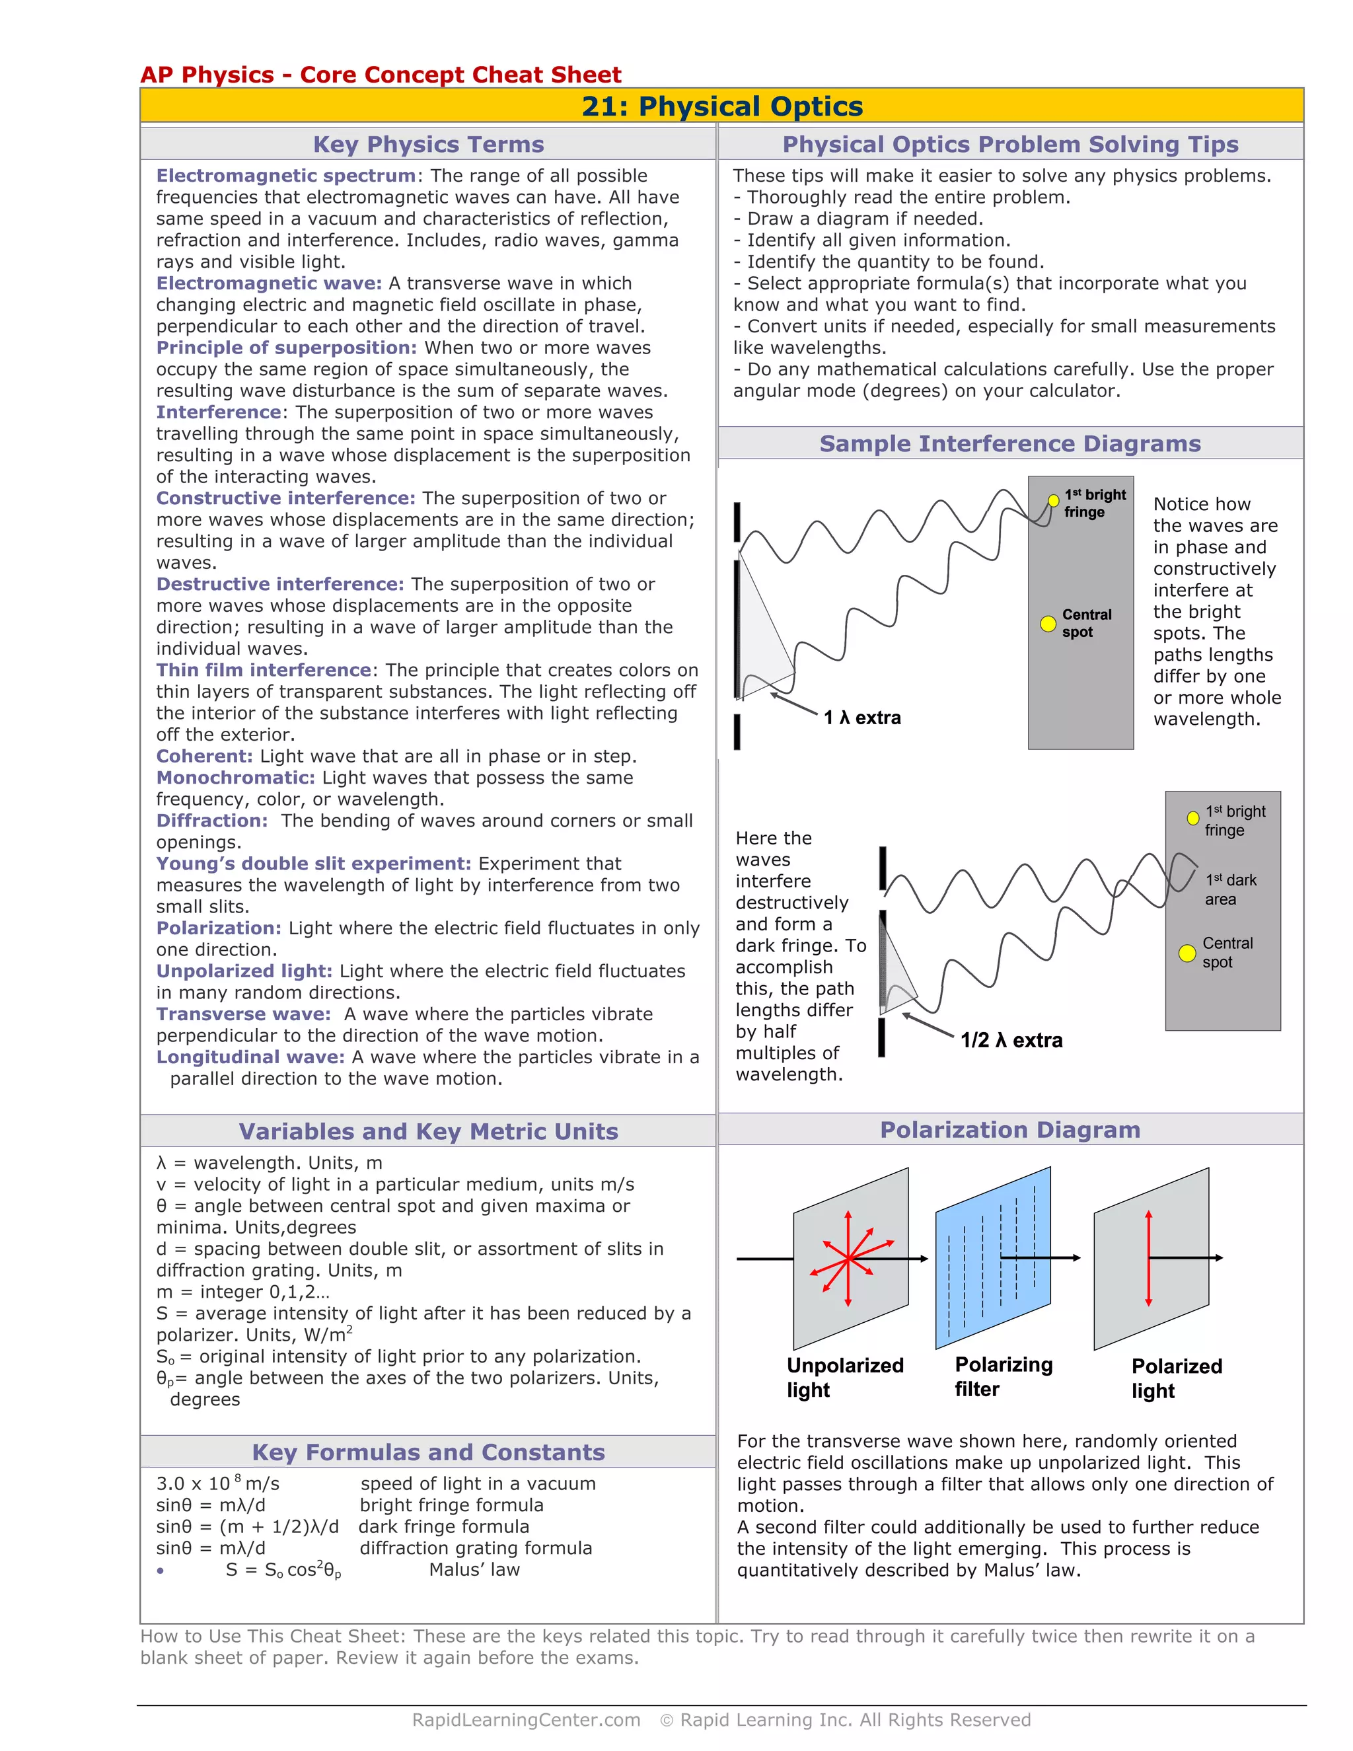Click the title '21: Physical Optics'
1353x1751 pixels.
click(x=721, y=106)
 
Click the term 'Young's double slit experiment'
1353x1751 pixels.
click(x=313, y=864)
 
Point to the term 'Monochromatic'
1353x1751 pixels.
click(x=235, y=778)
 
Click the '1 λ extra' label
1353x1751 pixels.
click(x=861, y=718)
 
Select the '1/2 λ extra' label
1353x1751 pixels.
click(x=1011, y=1040)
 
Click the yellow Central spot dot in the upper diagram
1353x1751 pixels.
click(x=1048, y=624)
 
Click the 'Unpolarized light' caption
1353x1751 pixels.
click(x=844, y=1378)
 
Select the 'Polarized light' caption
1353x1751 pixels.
click(x=1176, y=1378)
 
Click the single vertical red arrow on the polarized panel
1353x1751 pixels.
click(x=1149, y=1258)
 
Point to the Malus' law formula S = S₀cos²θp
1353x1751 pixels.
click(x=283, y=1570)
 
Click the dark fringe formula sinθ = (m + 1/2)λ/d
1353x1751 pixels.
click(x=247, y=1526)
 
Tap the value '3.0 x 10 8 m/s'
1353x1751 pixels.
click(x=217, y=1483)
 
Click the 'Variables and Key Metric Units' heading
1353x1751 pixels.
click(x=428, y=1131)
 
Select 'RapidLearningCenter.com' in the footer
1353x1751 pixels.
click(x=526, y=1720)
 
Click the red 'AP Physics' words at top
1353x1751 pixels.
click(x=207, y=75)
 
